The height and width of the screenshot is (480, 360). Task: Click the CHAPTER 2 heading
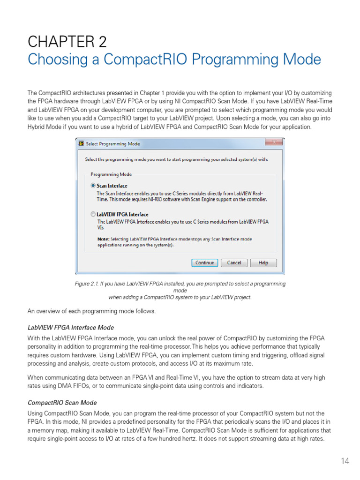pos(67,42)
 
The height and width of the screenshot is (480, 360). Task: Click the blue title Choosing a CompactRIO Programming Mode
pos(174,60)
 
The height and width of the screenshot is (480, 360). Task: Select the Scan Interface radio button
pos(93,186)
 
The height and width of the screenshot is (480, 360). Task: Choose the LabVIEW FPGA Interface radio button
pos(93,214)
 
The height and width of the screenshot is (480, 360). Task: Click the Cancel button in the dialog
pos(234,263)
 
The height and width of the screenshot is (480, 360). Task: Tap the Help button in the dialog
pos(263,263)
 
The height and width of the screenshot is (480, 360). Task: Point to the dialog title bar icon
pos(81,143)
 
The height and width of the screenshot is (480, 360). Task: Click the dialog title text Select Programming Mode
pos(112,144)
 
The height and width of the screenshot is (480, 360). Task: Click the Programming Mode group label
pos(111,174)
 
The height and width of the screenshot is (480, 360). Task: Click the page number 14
pos(345,461)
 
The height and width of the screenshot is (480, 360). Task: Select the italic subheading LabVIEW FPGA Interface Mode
pos(71,328)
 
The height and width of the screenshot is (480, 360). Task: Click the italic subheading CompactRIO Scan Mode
pos(62,403)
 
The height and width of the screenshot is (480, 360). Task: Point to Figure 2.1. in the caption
pos(89,284)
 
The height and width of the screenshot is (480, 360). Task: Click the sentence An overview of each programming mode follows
pos(91,311)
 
